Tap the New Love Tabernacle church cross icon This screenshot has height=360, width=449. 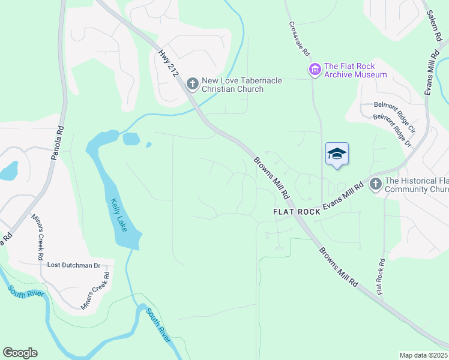tap(192, 83)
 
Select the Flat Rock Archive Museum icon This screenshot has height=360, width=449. tap(315, 70)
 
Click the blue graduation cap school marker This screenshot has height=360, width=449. tap(337, 154)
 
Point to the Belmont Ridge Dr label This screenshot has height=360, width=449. tap(392, 131)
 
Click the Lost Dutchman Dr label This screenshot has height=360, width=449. tap(74, 265)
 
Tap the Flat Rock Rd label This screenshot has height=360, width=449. tap(381, 276)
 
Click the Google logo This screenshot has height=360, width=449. tap(20, 353)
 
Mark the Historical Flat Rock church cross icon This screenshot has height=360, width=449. tap(376, 184)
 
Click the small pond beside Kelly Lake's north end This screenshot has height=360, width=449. tap(131, 139)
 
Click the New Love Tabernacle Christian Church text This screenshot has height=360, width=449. tap(232, 85)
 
